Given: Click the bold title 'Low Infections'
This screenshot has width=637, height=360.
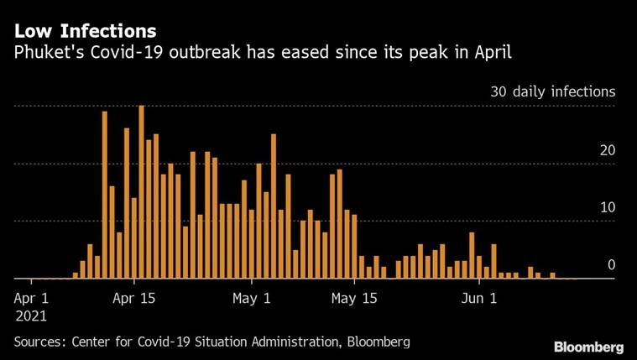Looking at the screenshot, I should [x=85, y=32].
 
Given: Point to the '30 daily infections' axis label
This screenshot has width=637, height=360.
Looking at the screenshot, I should [x=553, y=91].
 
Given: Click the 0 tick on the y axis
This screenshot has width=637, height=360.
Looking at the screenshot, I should [x=612, y=265].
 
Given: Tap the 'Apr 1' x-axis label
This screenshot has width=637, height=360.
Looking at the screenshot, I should [x=33, y=297].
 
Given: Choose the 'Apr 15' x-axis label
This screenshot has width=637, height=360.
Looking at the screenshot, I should [x=134, y=297].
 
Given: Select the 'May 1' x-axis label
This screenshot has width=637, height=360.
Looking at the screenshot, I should [x=252, y=297].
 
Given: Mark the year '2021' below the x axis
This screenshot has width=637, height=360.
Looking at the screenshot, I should [x=31, y=316].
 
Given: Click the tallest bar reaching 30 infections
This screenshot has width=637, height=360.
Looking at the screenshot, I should [x=141, y=193].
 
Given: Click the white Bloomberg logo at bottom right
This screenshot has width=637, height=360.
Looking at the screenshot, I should [x=588, y=347].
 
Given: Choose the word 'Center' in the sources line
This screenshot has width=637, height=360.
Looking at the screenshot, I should [x=96, y=342].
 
